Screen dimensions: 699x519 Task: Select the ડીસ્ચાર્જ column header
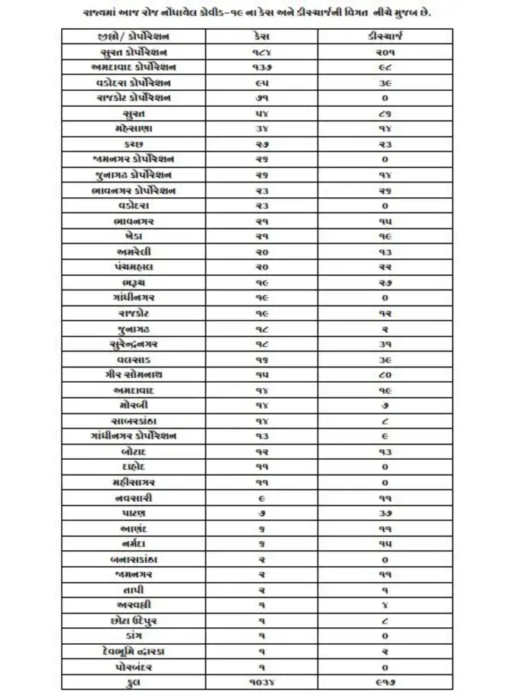(384, 36)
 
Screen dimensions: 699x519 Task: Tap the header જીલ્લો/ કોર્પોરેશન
(134, 36)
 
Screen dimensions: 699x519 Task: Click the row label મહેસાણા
(134, 128)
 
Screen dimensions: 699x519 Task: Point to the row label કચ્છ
(134, 144)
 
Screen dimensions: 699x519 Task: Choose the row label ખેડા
(134, 236)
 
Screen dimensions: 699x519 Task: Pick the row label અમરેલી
(134, 251)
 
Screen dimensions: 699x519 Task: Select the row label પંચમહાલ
(134, 267)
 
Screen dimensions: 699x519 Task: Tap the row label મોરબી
(134, 405)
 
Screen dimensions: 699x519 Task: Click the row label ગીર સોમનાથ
(134, 374)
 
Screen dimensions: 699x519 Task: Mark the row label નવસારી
(134, 497)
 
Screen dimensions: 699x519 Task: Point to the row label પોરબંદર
(134, 666)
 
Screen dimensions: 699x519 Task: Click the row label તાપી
(134, 590)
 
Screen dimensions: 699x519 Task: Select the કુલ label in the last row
(134, 681)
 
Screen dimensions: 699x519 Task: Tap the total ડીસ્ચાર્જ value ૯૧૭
(384, 681)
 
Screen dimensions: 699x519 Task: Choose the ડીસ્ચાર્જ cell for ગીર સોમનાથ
(384, 374)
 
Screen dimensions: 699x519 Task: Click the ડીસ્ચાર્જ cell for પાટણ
(384, 513)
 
